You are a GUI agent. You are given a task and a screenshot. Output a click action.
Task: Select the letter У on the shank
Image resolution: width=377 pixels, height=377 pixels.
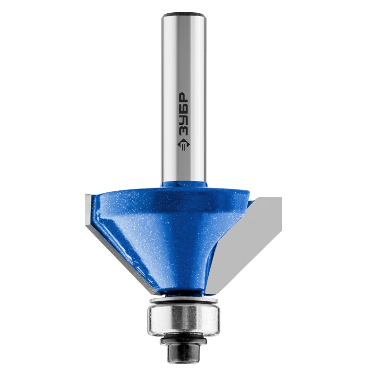[184, 119]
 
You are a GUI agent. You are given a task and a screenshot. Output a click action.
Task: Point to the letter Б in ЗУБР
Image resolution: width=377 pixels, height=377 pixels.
[184, 109]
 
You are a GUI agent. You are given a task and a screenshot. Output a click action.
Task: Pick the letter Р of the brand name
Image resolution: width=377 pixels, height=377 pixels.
[184, 98]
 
